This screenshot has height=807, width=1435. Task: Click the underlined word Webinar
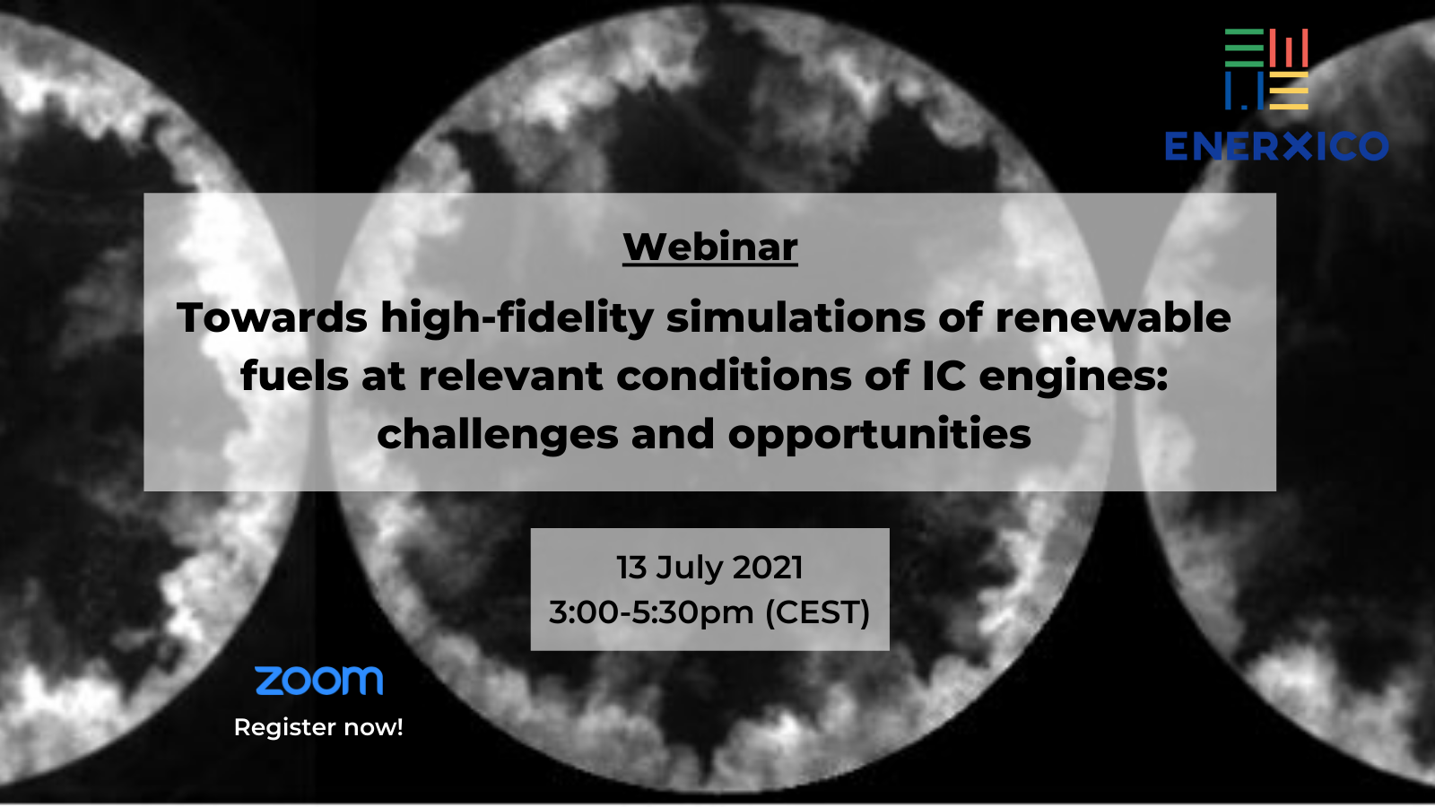point(709,247)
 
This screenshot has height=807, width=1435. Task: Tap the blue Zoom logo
point(319,681)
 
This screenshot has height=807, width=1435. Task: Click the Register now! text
point(318,727)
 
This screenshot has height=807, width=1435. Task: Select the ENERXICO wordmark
point(1277,146)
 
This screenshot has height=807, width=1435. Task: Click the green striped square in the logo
point(1244,48)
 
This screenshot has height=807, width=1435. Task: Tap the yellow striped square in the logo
point(1288,91)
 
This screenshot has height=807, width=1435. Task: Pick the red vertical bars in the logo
point(1288,48)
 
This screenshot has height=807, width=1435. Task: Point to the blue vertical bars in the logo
point(1244,91)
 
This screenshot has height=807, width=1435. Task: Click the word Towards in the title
point(273,317)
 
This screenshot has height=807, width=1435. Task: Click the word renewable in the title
point(1113,317)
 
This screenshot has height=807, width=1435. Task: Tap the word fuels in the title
point(295,376)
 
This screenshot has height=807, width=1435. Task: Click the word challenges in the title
point(498,434)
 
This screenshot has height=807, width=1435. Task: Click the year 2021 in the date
point(768,568)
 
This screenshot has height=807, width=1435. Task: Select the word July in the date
point(688,568)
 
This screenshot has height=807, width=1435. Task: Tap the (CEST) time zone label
point(817,612)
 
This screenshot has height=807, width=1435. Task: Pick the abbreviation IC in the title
point(944,376)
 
